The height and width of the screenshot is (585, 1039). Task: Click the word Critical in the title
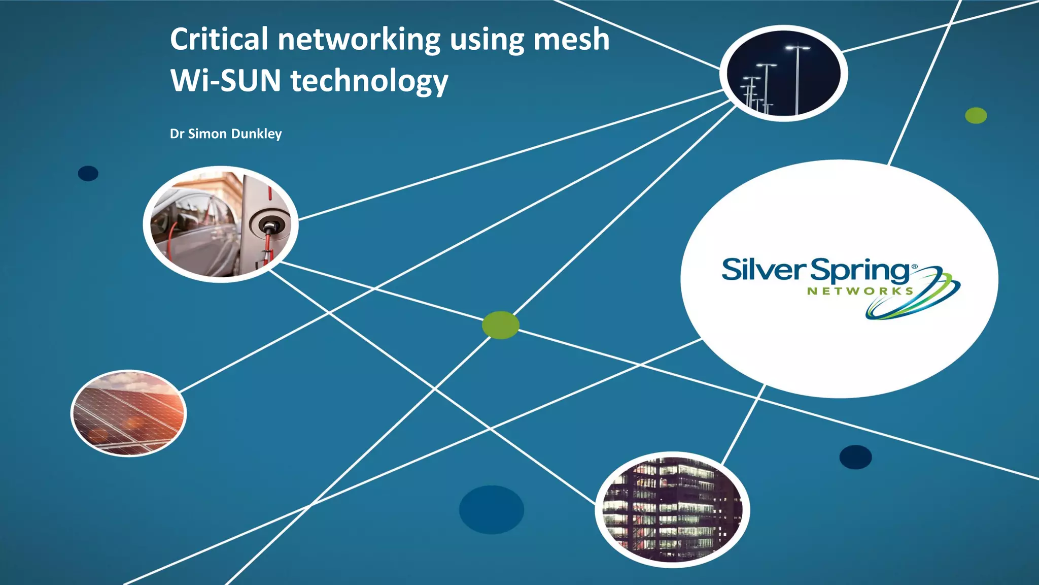pos(219,40)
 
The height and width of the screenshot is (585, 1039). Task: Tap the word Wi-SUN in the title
pos(225,81)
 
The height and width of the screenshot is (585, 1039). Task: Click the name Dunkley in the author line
pos(256,134)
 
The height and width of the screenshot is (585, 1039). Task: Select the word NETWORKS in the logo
pos(860,291)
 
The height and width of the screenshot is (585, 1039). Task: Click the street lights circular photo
pos(784,74)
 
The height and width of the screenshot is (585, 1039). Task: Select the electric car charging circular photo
pos(221,224)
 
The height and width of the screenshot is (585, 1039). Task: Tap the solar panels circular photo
pos(128,413)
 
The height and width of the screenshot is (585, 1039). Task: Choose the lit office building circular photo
pos(672,509)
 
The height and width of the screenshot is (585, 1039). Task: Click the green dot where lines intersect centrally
pos(500,325)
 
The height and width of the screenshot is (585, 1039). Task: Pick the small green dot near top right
pos(976,116)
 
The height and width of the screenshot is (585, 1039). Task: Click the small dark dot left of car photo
pos(88,173)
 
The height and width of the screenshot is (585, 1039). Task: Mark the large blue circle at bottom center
pos(491,509)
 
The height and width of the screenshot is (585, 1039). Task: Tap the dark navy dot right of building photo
pos(855,457)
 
